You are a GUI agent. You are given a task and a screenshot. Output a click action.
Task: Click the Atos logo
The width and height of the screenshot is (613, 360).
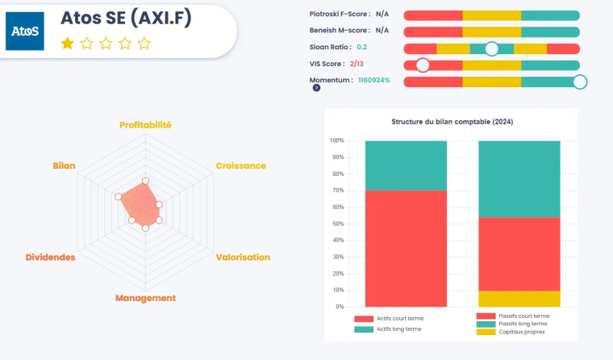25,31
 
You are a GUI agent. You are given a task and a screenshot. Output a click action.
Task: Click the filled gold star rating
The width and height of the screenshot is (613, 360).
67,44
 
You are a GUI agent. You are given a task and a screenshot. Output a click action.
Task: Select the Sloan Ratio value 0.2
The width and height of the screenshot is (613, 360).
361,48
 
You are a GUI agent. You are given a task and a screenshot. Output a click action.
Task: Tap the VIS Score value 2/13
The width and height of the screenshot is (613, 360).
357,64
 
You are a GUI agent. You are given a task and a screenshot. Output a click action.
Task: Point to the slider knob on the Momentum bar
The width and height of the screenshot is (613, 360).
579,82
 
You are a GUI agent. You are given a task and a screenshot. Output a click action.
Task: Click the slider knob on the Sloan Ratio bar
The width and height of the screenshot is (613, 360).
491,48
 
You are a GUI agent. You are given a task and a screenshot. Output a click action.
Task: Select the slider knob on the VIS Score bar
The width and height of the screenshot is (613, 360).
422,65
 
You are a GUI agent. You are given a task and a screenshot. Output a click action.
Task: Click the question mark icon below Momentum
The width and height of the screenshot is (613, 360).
316,88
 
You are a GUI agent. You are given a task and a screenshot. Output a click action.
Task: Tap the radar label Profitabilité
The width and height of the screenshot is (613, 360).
145,125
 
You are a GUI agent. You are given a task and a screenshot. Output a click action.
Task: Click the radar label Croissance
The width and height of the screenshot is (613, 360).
240,165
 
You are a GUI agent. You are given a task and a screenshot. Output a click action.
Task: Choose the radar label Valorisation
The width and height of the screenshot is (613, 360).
243,257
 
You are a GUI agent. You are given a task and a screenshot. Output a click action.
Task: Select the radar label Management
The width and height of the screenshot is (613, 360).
145,298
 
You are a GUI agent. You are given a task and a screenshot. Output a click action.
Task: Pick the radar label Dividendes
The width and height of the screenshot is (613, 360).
50,257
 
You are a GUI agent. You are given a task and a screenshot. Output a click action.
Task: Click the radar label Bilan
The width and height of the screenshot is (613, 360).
64,165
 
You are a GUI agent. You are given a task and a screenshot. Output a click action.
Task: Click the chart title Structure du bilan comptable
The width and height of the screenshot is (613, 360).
452,122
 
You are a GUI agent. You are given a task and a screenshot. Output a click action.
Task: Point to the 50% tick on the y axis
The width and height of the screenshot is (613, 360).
336,224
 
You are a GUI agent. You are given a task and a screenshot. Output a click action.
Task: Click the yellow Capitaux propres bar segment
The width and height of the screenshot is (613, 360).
519,298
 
